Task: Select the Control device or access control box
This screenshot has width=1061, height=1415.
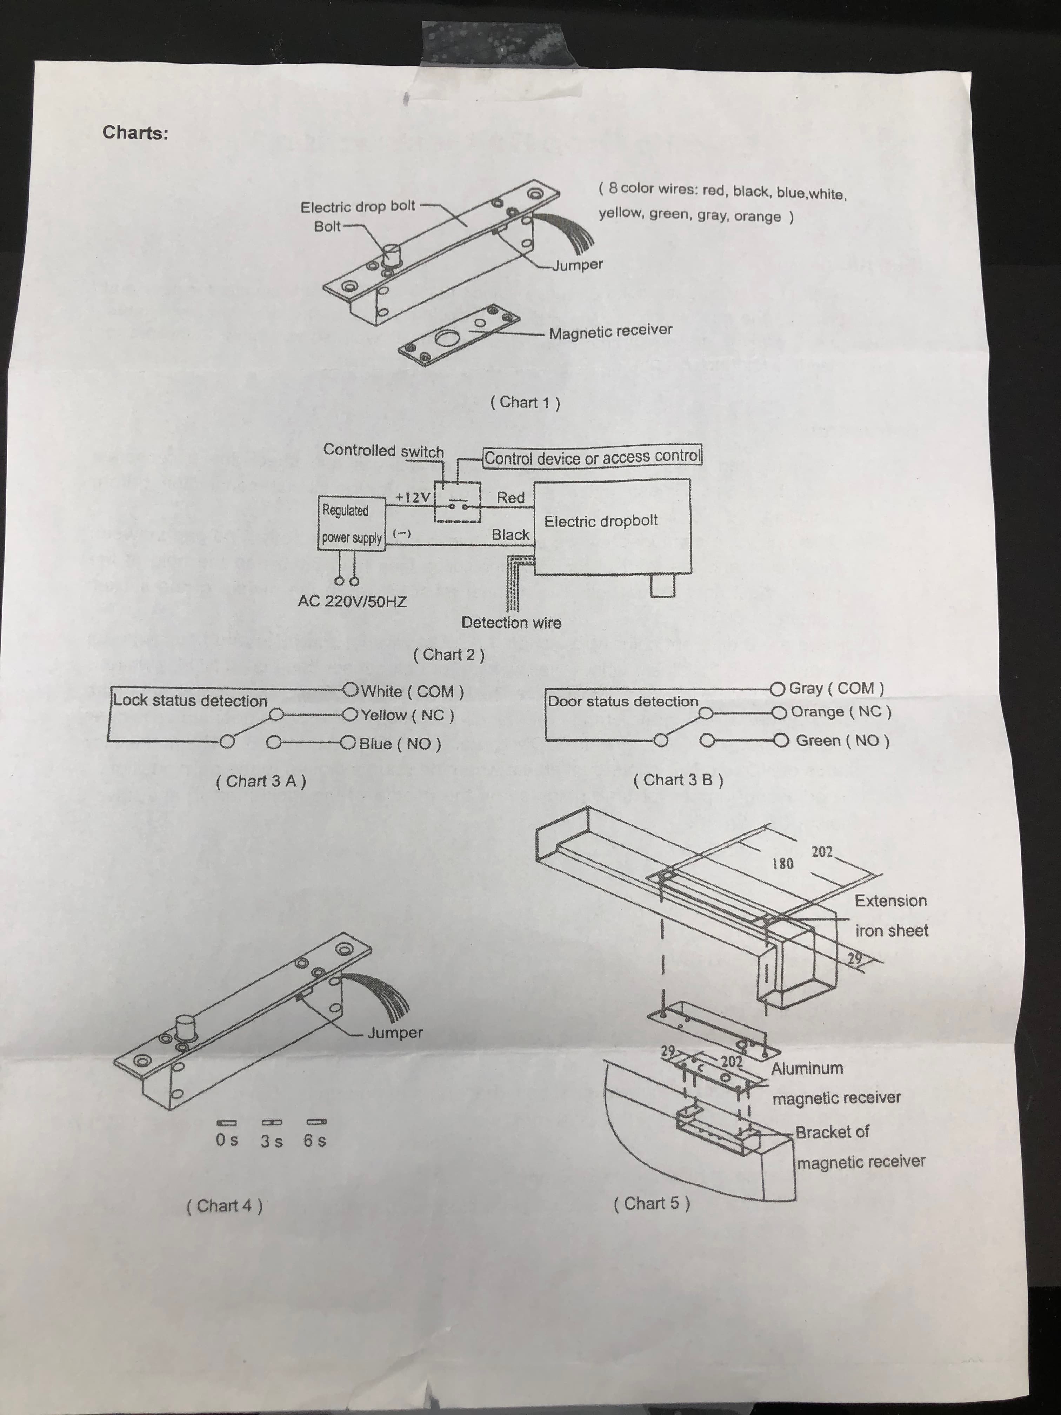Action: (592, 457)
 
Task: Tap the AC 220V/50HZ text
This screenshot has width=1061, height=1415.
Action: (352, 601)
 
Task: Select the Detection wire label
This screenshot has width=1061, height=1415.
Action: (511, 623)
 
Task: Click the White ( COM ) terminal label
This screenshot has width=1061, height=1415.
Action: (412, 691)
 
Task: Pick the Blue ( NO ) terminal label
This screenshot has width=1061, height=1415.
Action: (400, 743)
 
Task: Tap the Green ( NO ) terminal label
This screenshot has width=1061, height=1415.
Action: (842, 741)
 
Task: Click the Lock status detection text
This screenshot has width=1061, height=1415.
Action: (190, 700)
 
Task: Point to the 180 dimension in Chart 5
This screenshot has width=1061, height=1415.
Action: (783, 864)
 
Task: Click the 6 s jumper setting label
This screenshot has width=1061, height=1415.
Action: (315, 1141)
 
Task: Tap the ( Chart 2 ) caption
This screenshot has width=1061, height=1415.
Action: (449, 655)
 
